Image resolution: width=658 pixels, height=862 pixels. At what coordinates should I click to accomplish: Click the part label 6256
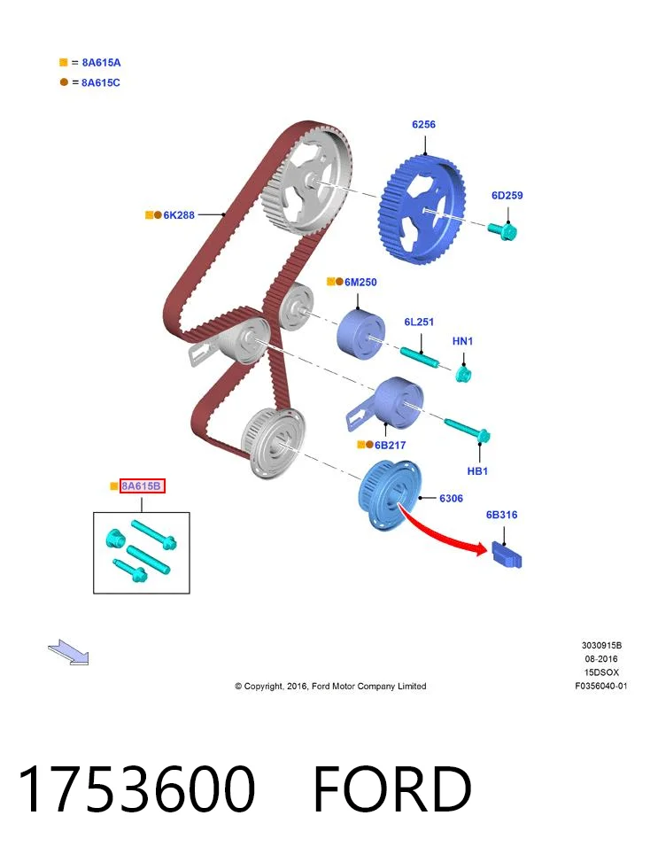pos(423,124)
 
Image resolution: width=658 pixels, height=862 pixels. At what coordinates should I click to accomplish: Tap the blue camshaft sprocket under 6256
pos(422,209)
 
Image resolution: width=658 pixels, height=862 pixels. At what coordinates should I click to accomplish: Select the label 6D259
pos(507,195)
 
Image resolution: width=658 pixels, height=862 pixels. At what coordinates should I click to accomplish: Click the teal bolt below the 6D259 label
pos(502,231)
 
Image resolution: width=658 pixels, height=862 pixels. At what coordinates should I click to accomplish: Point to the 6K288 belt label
pos(179,215)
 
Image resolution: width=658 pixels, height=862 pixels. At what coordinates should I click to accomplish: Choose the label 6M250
pos(360,282)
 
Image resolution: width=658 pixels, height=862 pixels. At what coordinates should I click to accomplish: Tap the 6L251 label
pos(419,322)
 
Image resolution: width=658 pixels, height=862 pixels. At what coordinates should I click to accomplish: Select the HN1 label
pos(462,341)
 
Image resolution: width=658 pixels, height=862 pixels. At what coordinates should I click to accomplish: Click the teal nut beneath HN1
pos(463,375)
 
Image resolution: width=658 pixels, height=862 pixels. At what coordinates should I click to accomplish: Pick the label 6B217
pos(390,445)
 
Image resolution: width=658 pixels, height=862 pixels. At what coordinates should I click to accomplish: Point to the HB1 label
pos(477,471)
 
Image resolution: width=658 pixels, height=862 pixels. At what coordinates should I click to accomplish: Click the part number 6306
pos(451,498)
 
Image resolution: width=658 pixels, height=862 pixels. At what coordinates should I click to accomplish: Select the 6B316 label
pos(501,515)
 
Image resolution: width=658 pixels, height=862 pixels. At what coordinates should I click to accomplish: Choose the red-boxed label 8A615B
pos(143,486)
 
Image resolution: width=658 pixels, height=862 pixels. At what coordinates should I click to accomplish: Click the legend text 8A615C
pos(101,82)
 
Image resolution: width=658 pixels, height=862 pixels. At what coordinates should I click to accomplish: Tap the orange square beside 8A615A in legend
pos(63,62)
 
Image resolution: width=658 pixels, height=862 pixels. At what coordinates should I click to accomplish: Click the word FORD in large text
pos(392,788)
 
